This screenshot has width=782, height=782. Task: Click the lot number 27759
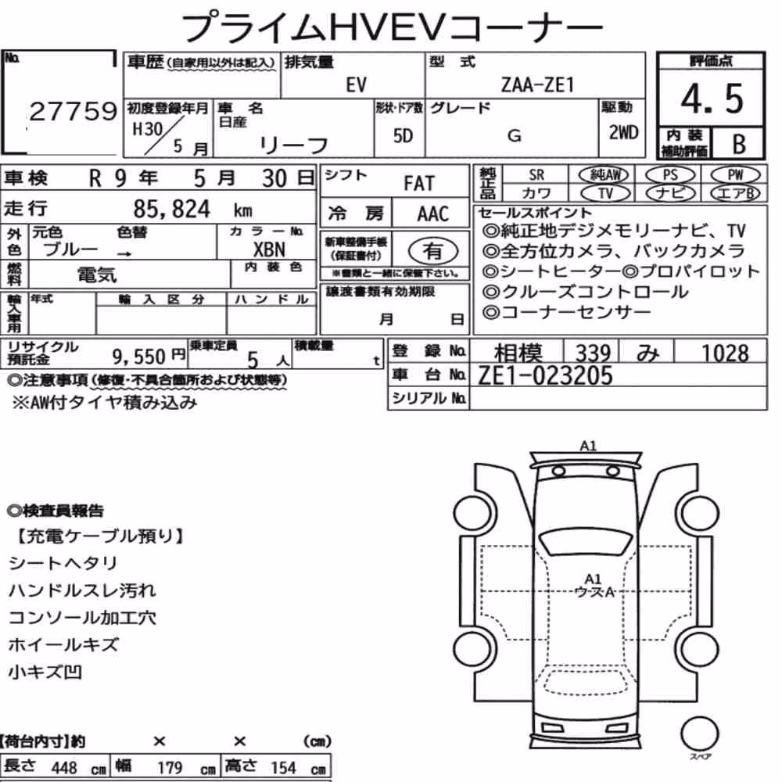[x=74, y=111]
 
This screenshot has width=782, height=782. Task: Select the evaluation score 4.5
[x=712, y=98]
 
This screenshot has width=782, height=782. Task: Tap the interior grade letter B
[x=739, y=144]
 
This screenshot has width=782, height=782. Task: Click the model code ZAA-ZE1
[x=537, y=84]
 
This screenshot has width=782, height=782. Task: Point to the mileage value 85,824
[x=172, y=209]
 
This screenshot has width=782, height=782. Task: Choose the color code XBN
[x=269, y=249]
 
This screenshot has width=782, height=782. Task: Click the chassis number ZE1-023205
[x=544, y=375]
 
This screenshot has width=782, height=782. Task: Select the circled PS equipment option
[x=670, y=175]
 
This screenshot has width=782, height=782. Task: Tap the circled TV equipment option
[x=605, y=193]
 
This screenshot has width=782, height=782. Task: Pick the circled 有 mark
[x=432, y=251]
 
